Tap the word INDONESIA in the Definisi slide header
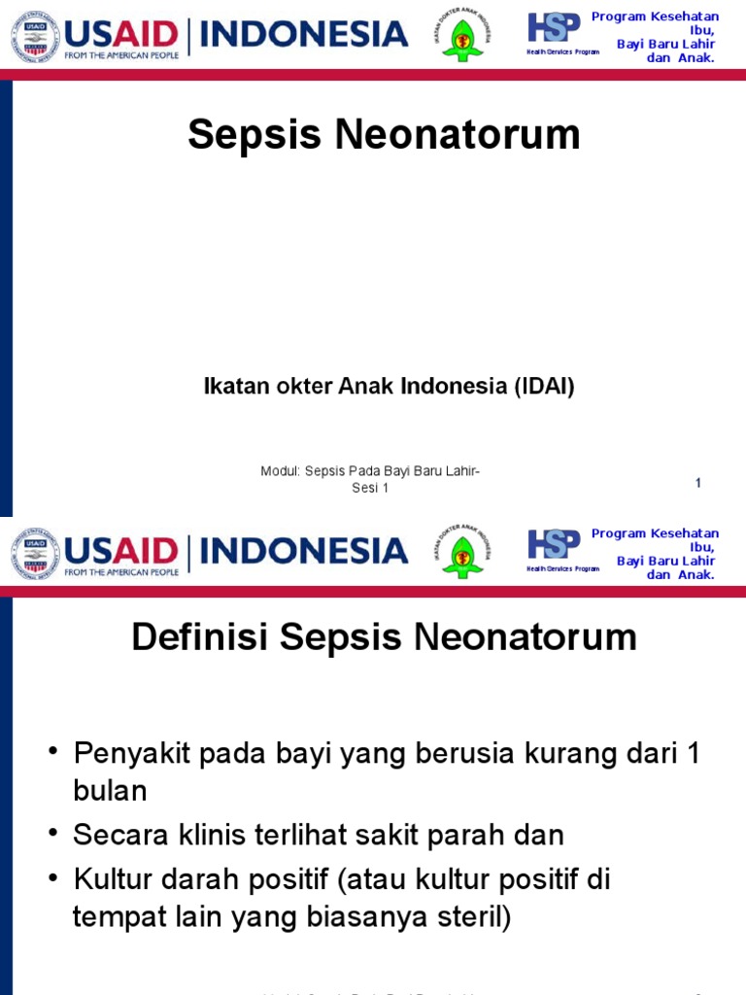point(304,551)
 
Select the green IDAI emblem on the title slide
point(462,36)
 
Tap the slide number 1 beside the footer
point(698,483)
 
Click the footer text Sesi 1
point(370,489)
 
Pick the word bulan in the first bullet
point(110,791)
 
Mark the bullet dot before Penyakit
point(53,751)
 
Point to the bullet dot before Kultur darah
point(53,878)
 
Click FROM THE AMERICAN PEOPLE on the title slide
point(121,55)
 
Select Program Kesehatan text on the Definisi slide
point(655,533)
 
